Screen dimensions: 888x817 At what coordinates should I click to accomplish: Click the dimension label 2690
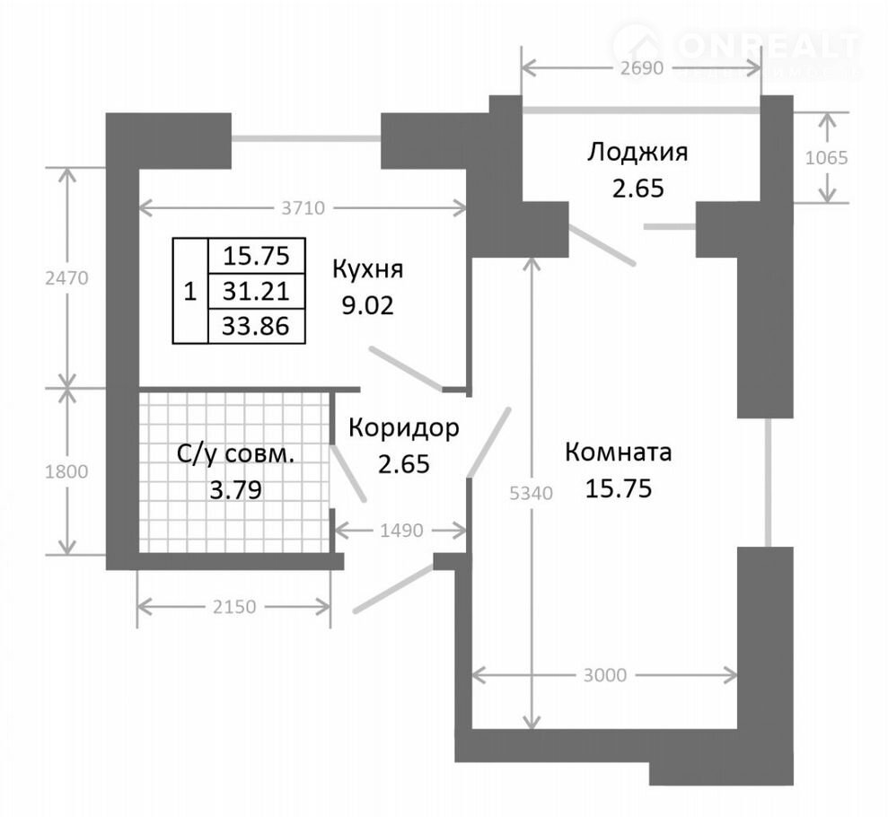coord(641,68)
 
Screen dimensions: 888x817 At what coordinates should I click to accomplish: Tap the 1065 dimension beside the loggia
coord(827,157)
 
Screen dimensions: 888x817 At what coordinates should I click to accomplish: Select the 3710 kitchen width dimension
coord(303,208)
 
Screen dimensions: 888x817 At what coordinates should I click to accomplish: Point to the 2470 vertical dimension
coord(66,278)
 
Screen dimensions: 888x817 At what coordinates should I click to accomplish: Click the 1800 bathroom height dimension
coord(66,471)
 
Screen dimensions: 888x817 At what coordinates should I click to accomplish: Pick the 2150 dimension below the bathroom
coord(234,607)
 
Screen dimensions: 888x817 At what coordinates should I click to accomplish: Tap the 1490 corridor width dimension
coord(401,531)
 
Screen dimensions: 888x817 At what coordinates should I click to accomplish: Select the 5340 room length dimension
coord(532,494)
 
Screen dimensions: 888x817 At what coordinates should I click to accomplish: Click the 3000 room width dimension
coord(605,675)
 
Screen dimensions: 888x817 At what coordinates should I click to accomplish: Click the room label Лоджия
coord(637,154)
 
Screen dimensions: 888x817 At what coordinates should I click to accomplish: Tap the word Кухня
coord(367,269)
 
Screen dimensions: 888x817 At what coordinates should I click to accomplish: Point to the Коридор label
coord(404,428)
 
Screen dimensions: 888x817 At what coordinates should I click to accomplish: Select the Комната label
coord(619,452)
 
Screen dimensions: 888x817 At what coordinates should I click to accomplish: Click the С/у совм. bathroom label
coord(235,454)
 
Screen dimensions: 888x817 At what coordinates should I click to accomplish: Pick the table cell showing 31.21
coord(257,291)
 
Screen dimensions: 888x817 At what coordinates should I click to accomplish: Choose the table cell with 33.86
coord(257,326)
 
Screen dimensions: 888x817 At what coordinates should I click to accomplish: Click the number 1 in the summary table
coord(190,292)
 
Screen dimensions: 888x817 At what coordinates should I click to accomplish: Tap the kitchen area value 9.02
coord(367,306)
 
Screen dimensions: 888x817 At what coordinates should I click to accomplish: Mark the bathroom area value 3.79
coord(235,490)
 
